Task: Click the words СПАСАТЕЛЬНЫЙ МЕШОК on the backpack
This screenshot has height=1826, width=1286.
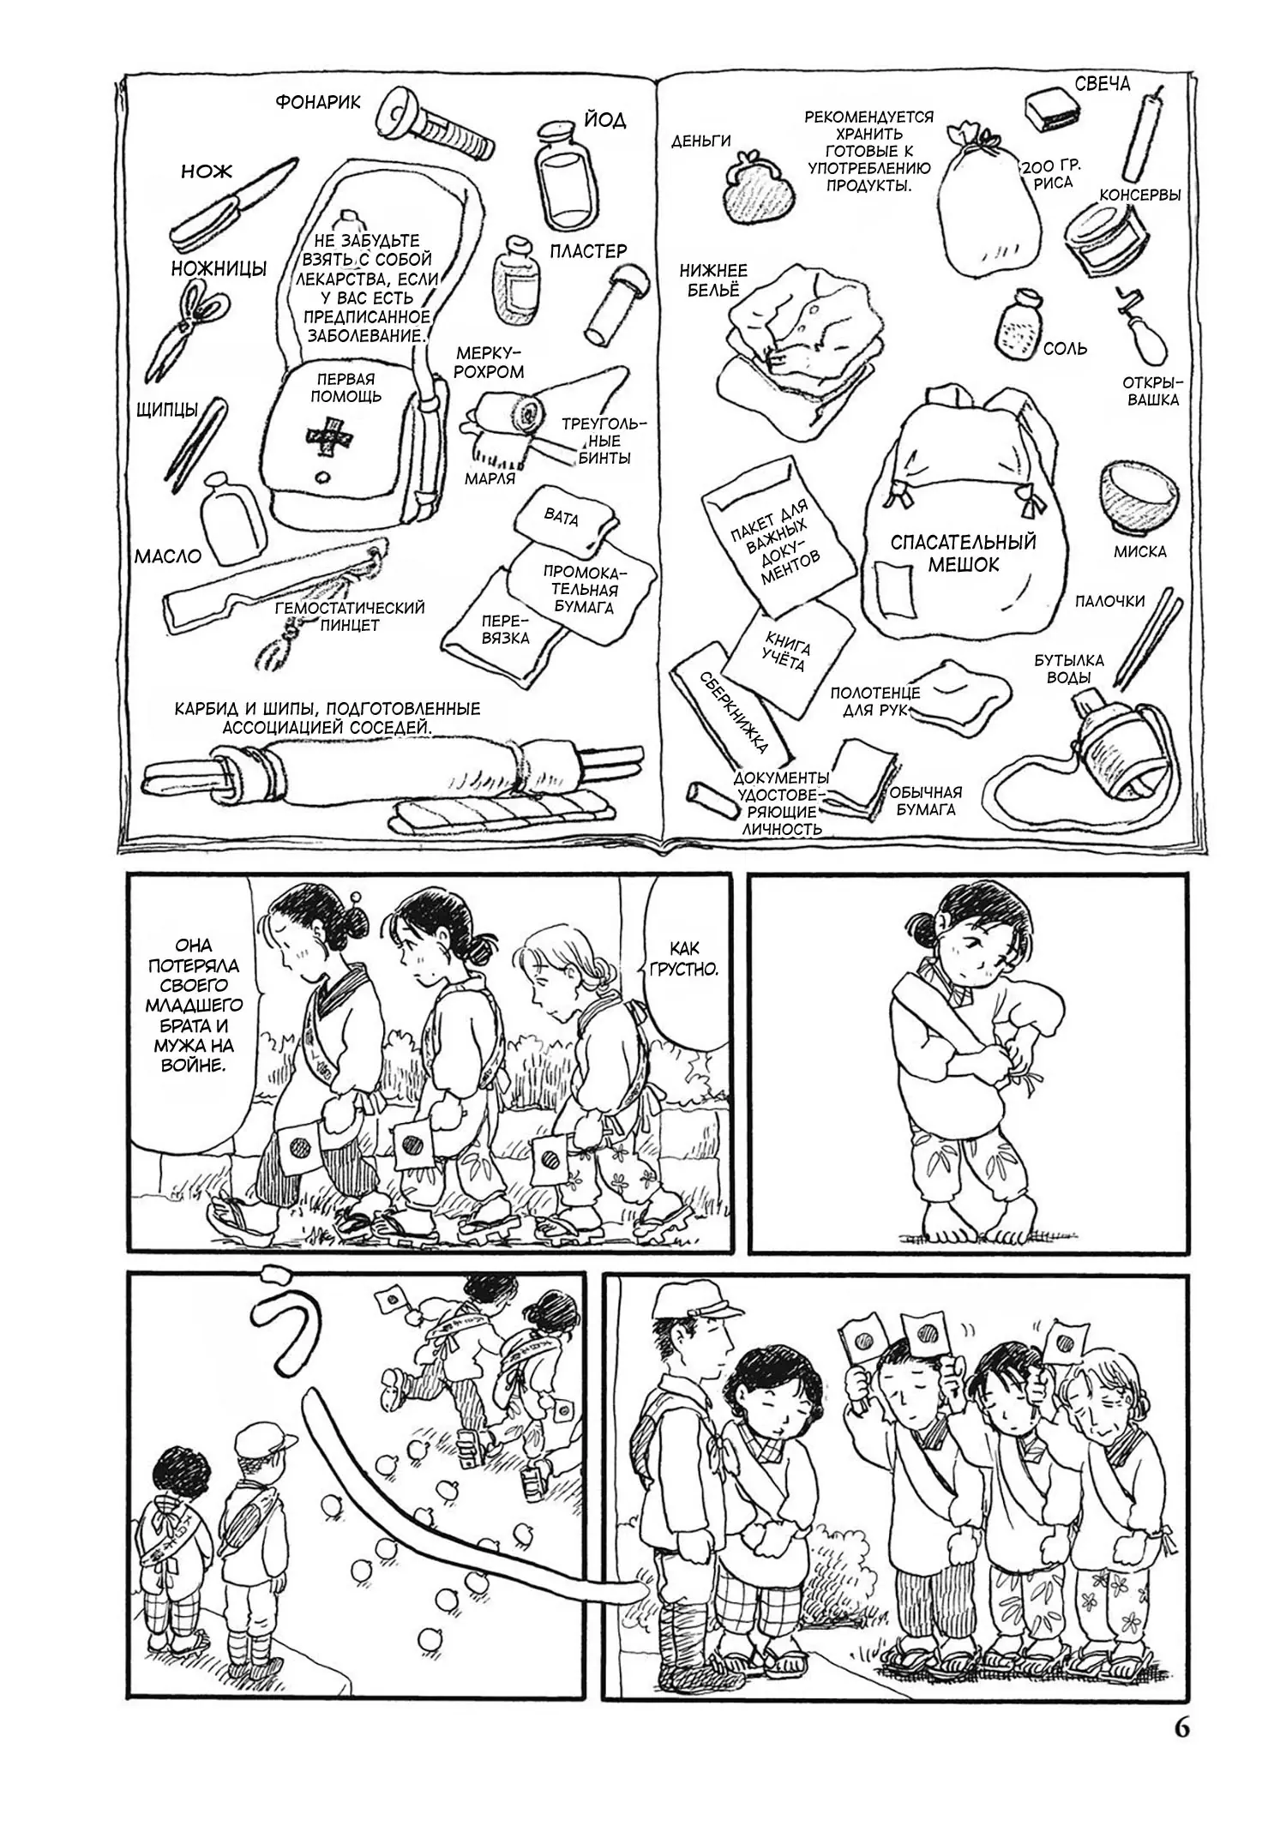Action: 963,553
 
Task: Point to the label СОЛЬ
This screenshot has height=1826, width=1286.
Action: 1065,349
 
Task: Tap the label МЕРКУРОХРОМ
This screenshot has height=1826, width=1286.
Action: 490,362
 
